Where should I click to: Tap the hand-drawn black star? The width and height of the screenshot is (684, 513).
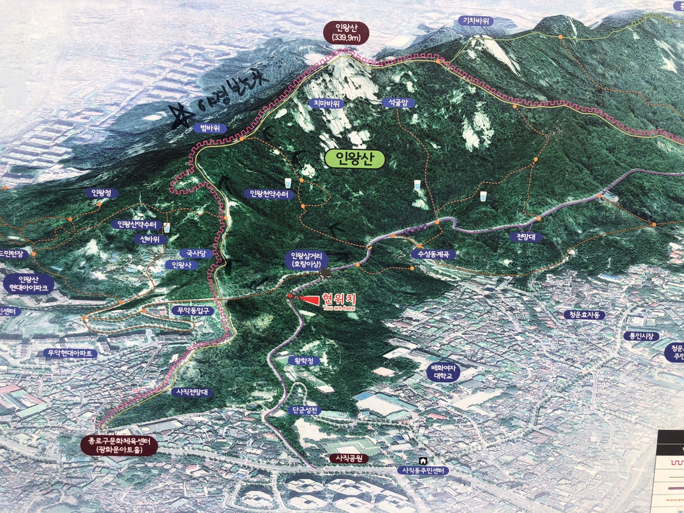coord(180,116)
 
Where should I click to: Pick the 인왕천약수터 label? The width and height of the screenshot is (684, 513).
coord(269,194)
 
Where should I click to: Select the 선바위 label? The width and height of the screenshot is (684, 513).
coord(150,239)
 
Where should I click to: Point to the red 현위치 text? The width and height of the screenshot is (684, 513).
coord(338,299)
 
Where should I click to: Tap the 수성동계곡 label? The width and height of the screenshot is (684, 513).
coord(433,255)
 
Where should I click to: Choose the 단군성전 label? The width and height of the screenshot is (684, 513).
coord(305,410)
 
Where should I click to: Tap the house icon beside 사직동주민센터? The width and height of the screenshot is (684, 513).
coord(423,461)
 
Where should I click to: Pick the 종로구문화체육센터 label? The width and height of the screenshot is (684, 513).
coord(116,445)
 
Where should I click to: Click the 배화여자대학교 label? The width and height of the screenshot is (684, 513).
coord(443,372)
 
